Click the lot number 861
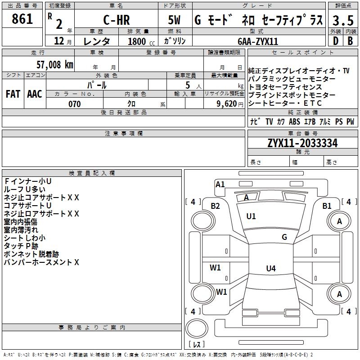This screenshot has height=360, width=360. coord(22,19)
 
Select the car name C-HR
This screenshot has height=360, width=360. coord(117,20)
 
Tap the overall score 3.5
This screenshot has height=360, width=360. coord(343,20)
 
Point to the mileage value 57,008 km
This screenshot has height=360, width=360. coord(55,64)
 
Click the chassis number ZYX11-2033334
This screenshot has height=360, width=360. coord(302,143)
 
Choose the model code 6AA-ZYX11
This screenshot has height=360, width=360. coord(258,41)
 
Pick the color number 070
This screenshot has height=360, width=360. coord(75,104)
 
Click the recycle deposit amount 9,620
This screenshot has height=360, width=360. coord(227,104)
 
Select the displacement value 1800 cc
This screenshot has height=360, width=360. coord(141,41)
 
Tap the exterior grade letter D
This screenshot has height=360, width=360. coord(336,41)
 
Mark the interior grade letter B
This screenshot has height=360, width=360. coord(350,41)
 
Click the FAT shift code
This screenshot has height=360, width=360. coord(13,94)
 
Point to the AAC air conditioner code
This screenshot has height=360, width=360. coord(35,94)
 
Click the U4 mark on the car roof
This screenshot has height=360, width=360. coord(271,268)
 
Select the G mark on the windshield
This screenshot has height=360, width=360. coord(284,237)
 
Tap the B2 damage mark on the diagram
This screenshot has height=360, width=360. coord(216,206)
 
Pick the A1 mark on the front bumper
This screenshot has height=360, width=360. coord(220,184)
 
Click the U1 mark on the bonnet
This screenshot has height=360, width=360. coord(251,216)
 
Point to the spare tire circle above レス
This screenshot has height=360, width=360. coord(197,328)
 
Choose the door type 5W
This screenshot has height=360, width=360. coord(174,20)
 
